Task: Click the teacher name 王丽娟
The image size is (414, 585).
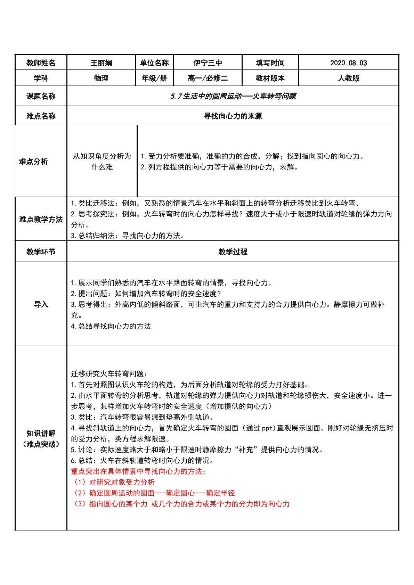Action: click(x=101, y=63)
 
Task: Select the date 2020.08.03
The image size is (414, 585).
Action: click(x=348, y=63)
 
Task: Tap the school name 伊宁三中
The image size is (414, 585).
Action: click(x=208, y=63)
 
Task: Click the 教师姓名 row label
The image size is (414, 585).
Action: click(x=41, y=63)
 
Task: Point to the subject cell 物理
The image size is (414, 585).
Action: click(x=101, y=78)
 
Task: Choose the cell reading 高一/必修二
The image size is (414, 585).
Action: click(x=208, y=78)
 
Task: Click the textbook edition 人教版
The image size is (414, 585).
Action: click(x=348, y=78)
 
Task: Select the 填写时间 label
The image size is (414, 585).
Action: click(x=270, y=63)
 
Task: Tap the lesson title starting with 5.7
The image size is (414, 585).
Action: click(x=233, y=96)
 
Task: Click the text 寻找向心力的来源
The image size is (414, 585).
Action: click(x=233, y=116)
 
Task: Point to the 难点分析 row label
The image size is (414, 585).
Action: click(x=33, y=162)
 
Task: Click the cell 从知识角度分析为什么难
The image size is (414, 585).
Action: click(x=102, y=162)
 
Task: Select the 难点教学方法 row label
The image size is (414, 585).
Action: click(x=41, y=220)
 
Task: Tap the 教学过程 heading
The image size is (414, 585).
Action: click(x=233, y=252)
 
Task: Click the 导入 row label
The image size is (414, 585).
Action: click(x=41, y=305)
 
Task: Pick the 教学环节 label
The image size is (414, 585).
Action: click(x=41, y=252)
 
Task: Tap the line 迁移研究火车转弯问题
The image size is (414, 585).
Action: click(x=109, y=374)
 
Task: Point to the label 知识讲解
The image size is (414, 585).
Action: click(x=41, y=433)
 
